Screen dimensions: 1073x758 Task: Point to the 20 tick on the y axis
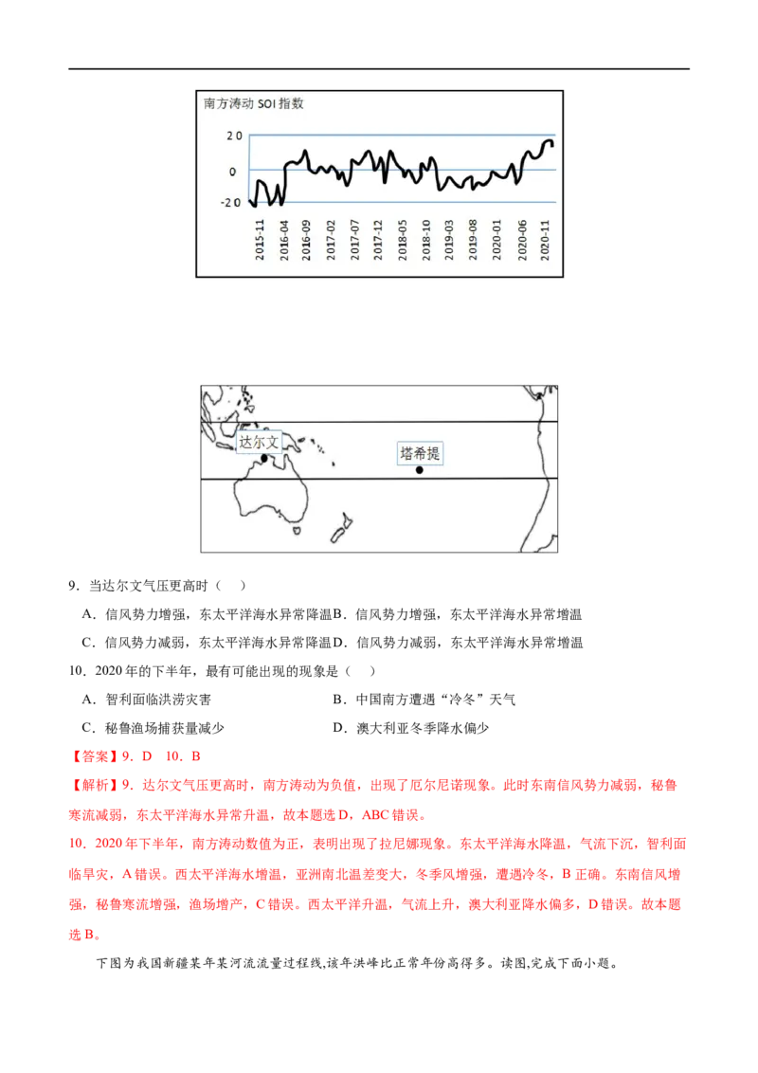(x=233, y=136)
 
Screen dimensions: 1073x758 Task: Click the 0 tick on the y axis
(x=233, y=172)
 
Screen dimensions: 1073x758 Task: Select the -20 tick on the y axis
(x=230, y=203)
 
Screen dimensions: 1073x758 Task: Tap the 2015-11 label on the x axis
(x=259, y=236)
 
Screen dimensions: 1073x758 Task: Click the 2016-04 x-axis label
(x=282, y=236)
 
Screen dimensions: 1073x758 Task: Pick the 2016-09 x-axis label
(x=306, y=236)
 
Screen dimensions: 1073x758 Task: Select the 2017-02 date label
(x=331, y=236)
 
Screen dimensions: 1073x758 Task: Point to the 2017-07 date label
(x=354, y=236)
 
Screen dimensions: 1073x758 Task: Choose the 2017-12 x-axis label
(x=378, y=236)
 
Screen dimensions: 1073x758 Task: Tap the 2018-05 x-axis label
(x=403, y=236)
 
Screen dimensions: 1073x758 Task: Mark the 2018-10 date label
(x=426, y=236)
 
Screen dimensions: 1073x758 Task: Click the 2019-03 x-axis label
(x=450, y=236)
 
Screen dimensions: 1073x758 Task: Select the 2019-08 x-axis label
(x=474, y=236)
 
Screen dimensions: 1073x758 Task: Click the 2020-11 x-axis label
(x=546, y=236)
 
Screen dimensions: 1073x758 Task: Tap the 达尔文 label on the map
(x=259, y=442)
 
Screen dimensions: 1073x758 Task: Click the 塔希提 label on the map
(x=419, y=454)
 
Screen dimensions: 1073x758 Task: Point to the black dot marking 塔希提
(x=420, y=470)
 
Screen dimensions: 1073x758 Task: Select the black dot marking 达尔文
(x=265, y=459)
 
